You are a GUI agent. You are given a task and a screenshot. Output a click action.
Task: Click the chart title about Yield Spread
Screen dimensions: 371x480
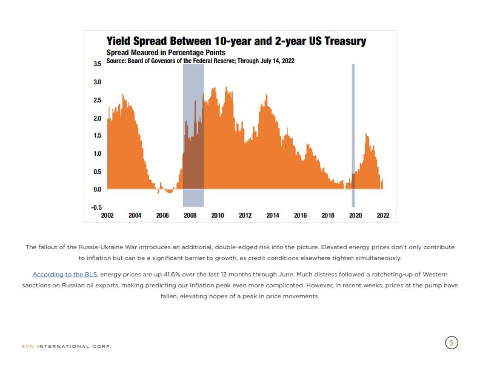236,41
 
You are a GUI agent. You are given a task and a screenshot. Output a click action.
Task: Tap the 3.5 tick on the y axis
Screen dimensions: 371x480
97,64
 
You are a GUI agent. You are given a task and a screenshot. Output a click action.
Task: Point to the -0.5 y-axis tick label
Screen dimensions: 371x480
96,207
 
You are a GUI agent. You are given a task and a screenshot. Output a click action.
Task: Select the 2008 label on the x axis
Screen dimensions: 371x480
190,215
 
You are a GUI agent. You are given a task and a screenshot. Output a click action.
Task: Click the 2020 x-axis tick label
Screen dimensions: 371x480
355,215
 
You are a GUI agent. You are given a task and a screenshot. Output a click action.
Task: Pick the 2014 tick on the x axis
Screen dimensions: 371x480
273,215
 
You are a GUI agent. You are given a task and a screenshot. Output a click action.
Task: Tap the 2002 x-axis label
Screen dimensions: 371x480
107,215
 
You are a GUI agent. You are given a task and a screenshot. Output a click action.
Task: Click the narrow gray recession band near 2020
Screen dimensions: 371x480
353,121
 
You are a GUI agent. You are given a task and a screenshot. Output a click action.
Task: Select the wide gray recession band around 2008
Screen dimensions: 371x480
193,121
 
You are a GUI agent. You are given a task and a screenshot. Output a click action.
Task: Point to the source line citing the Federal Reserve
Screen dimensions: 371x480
201,61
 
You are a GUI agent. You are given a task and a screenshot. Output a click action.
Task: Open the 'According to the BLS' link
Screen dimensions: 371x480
64,275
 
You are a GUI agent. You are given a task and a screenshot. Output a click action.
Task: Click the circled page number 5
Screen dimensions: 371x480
451,343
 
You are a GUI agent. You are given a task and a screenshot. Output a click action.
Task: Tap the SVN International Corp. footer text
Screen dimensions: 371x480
67,347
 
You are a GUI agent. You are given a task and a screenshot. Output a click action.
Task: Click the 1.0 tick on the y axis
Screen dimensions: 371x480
97,153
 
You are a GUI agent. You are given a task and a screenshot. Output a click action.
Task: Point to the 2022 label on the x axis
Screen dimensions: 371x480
382,215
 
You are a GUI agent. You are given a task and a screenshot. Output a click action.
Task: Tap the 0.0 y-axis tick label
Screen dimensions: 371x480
97,189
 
